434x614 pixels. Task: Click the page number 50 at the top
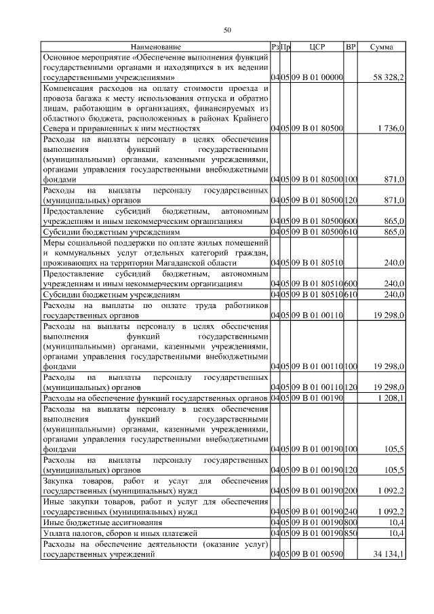point(227,29)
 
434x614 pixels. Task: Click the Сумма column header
point(383,47)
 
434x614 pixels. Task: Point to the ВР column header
point(351,47)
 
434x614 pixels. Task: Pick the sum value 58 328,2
point(389,79)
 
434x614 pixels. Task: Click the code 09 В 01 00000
point(317,79)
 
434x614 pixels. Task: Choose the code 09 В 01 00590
point(317,554)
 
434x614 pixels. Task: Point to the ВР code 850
point(351,534)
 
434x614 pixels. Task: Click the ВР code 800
point(351,523)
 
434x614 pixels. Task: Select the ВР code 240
point(351,512)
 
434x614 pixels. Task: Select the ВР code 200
point(351,491)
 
